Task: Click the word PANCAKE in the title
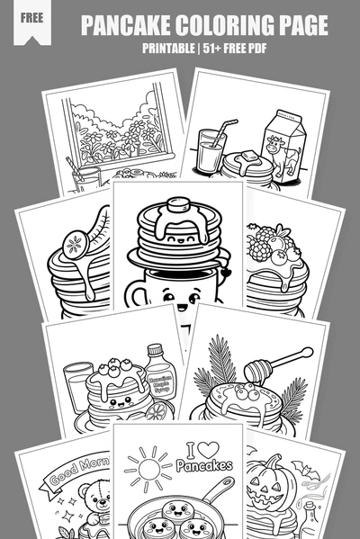pyautogui.click(x=128, y=25)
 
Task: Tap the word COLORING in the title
pyautogui.click(x=223, y=25)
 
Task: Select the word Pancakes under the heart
pyautogui.click(x=204, y=466)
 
